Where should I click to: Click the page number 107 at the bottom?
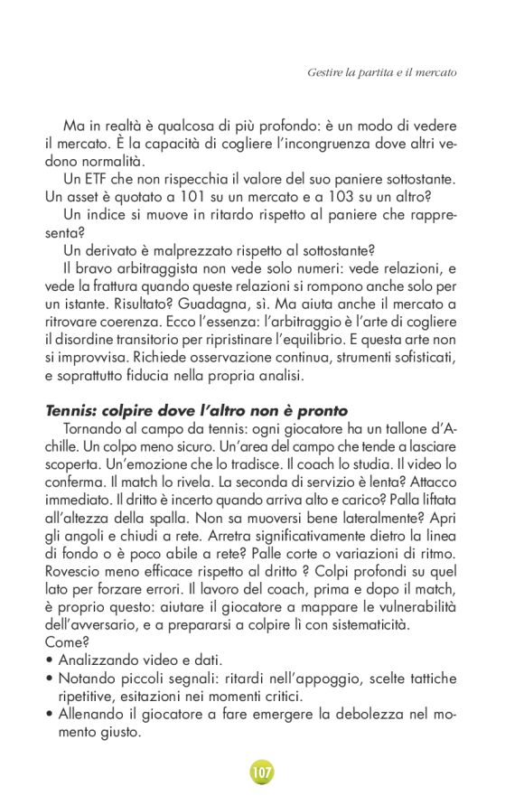point(262,772)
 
